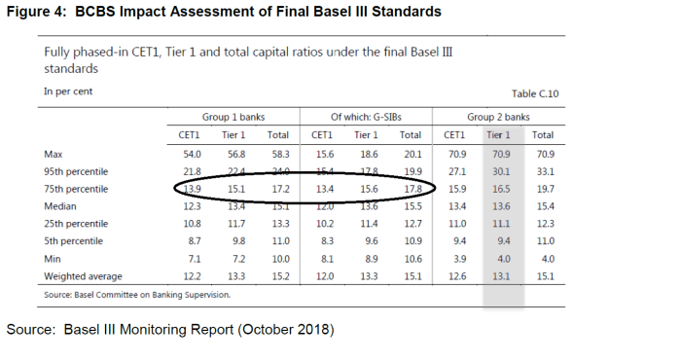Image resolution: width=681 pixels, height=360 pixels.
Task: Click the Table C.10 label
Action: (x=535, y=93)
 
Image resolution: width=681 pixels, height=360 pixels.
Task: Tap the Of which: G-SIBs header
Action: (x=366, y=117)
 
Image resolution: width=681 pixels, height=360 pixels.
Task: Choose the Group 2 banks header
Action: (x=499, y=117)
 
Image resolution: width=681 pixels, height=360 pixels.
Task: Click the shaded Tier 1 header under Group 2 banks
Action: (x=499, y=135)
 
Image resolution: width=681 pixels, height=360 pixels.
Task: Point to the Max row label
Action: (x=54, y=154)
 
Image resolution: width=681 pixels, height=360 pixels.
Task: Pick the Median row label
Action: (x=61, y=206)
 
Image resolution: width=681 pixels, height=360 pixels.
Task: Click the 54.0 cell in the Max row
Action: (x=192, y=154)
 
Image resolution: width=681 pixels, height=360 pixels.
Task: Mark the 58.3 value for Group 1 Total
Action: (x=280, y=154)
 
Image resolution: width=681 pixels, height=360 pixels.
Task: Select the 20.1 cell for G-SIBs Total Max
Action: (x=412, y=154)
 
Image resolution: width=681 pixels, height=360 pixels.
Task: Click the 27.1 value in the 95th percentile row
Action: (x=455, y=171)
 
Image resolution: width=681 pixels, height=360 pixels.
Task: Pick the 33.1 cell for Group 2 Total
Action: (x=543, y=171)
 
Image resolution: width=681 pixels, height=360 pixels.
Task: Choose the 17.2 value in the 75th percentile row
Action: (x=280, y=189)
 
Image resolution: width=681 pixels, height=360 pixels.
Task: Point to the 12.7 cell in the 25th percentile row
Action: (x=412, y=224)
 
